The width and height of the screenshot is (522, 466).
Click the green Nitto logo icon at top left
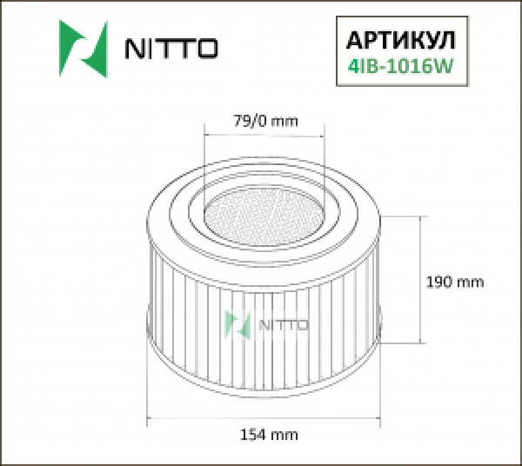pos(82,44)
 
